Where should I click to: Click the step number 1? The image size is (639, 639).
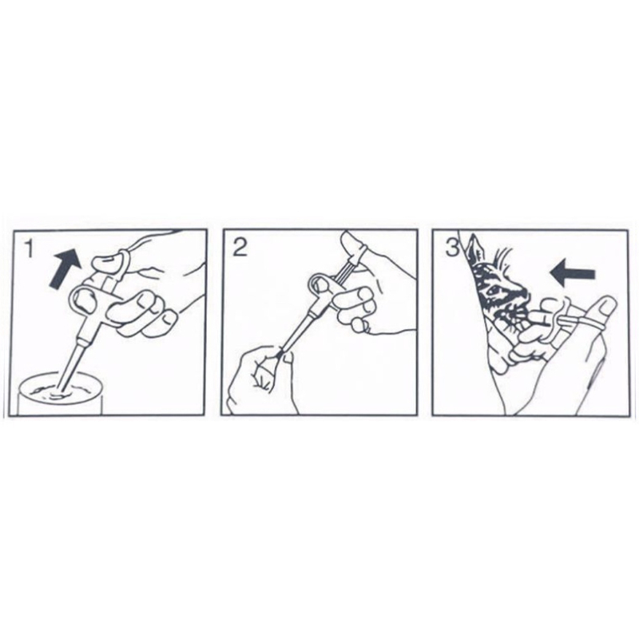28,248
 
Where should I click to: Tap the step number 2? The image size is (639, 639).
240,248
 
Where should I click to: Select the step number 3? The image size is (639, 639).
453,248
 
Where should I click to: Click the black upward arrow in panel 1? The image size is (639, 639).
65,268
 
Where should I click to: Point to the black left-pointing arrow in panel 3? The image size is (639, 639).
572,273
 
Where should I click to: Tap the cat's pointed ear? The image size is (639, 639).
474,248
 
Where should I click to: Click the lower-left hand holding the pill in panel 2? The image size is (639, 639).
261,379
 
